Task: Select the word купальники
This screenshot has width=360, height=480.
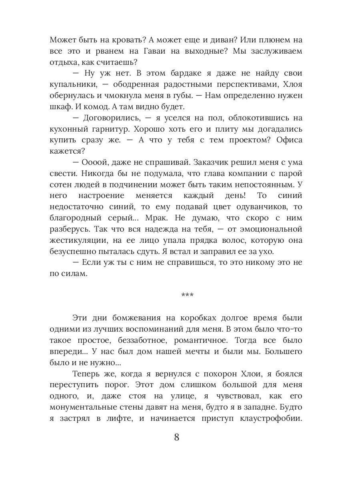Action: point(74,85)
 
